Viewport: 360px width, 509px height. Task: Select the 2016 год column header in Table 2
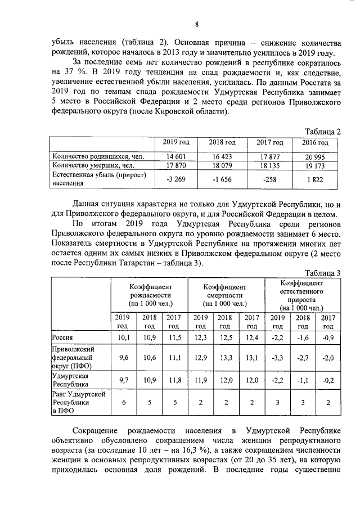coord(319,143)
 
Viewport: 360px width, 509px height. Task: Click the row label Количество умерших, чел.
coord(93,165)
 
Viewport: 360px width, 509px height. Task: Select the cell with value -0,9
coord(327,337)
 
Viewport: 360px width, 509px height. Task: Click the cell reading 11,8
coord(174,380)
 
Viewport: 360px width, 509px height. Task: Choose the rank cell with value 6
coord(123,402)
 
